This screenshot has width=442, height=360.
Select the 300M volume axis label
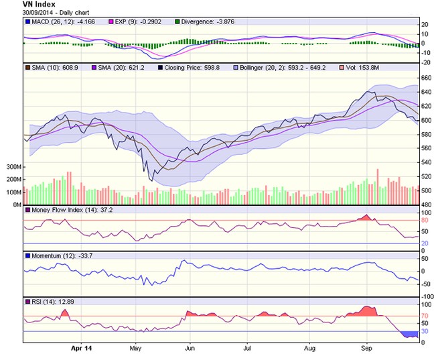pyautogui.click(x=11, y=166)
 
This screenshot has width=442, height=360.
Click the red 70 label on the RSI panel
pyautogui.click(x=425, y=315)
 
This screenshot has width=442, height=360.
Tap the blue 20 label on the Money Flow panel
pyautogui.click(x=425, y=243)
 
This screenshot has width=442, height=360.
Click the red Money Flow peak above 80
pyautogui.click(x=366, y=217)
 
